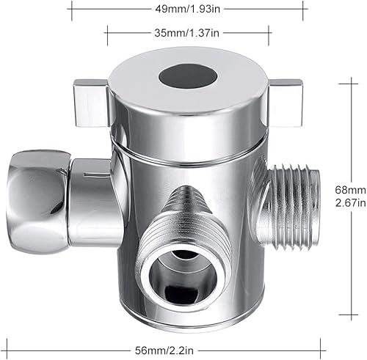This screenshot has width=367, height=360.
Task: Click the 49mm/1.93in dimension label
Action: point(187,10)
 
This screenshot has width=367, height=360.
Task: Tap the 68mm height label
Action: point(349,188)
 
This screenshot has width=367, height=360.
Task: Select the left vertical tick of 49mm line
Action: point(71,10)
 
